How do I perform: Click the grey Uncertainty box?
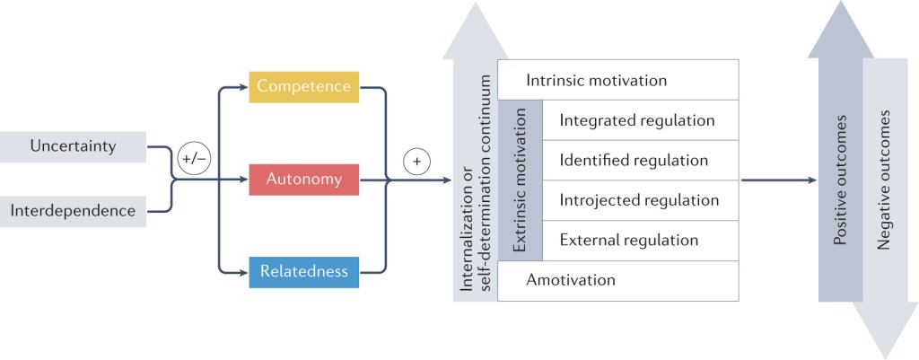tap(73, 146)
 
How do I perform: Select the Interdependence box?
tap(73, 211)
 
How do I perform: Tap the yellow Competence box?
tap(303, 87)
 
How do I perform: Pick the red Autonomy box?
tap(303, 180)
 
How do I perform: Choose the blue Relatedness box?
tap(303, 271)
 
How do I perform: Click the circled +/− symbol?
tap(193, 158)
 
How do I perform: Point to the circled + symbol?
tap(417, 162)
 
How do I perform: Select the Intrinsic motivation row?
tap(617, 81)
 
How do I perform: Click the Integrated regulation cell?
tap(637, 120)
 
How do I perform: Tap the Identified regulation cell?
tap(634, 161)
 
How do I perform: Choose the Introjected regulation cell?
tap(639, 200)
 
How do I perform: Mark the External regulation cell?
tap(628, 241)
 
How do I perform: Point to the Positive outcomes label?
tap(841, 180)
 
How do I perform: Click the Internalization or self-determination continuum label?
tap(473, 184)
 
